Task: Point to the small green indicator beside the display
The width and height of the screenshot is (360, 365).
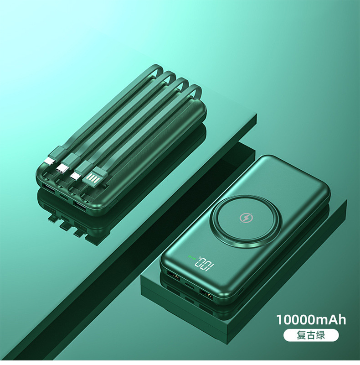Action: point(191,257)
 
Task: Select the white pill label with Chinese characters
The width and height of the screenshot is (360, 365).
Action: point(311,335)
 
